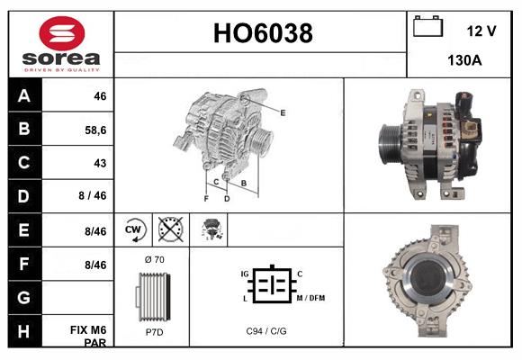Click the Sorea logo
tap(61, 44)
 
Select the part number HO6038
tap(262, 33)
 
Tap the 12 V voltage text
tap(481, 31)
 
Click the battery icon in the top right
tap(427, 28)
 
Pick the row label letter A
tap(24, 95)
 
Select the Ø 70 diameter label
tap(153, 260)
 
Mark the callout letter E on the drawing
tap(283, 112)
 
